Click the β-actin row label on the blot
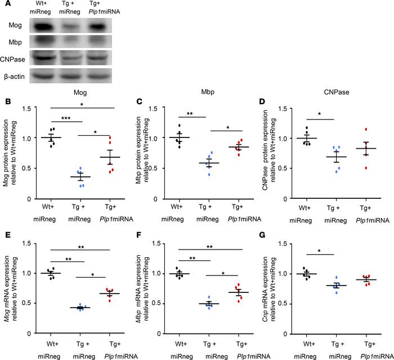(19, 74)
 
